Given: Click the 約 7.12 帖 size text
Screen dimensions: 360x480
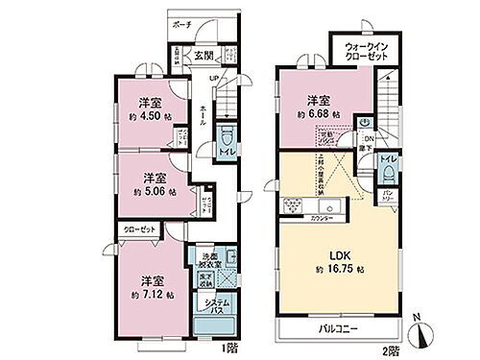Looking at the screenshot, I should [151, 296].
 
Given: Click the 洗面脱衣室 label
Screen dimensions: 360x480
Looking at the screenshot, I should [212, 259].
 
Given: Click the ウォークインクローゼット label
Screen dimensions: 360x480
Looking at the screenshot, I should [360, 48].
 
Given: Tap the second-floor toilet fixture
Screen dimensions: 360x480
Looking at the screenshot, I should [388, 171].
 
